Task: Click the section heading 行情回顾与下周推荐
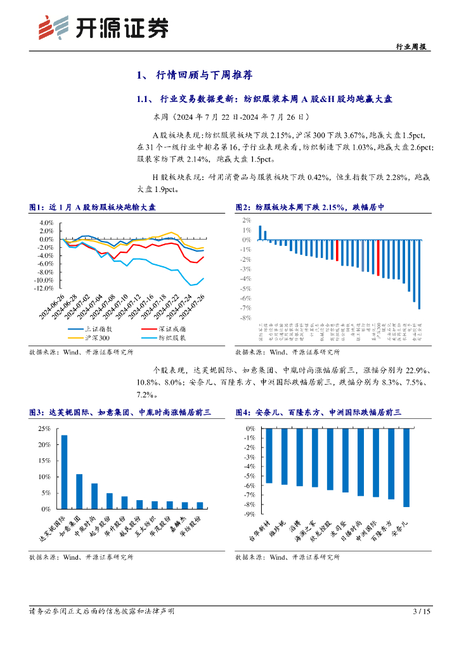(x=204, y=75)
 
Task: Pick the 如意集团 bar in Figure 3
(x=79, y=491)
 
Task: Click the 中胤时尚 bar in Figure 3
(x=94, y=496)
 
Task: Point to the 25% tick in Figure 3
(x=45, y=428)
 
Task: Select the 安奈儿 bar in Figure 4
(x=406, y=467)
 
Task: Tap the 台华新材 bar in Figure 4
(x=269, y=456)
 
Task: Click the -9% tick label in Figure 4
(x=249, y=514)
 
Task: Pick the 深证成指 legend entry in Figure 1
(x=164, y=329)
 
